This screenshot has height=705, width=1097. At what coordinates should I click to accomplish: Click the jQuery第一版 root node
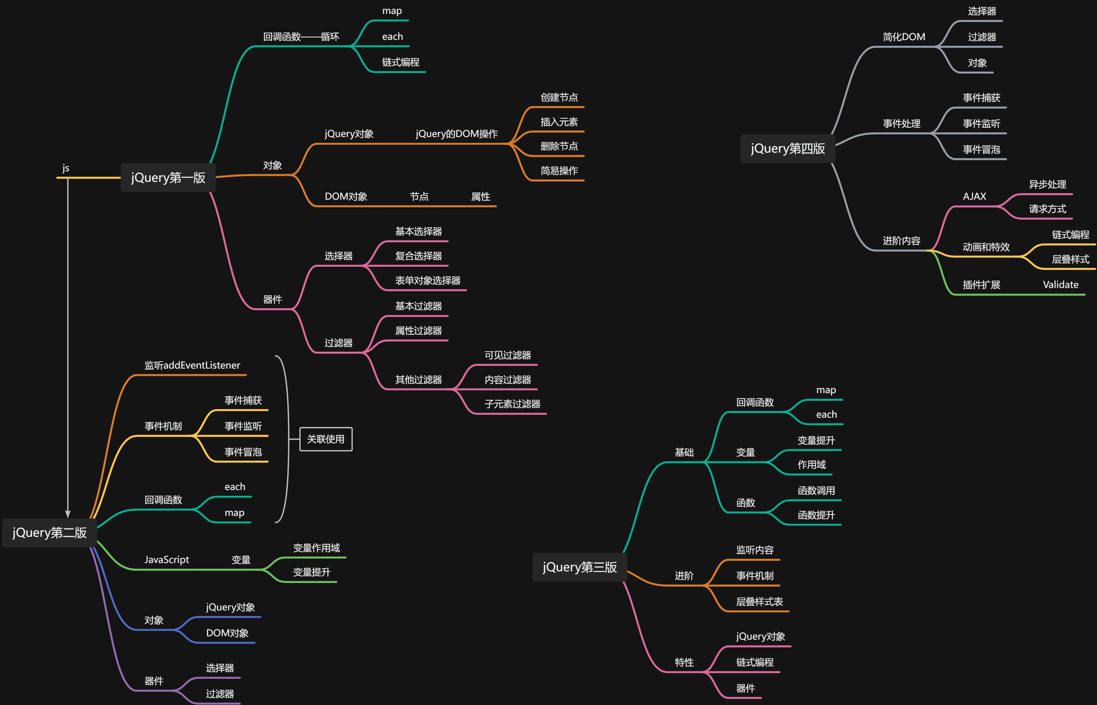pyautogui.click(x=168, y=177)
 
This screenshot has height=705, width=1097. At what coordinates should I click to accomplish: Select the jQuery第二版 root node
pyautogui.click(x=49, y=532)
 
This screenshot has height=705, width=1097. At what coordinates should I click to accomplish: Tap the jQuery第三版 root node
pyautogui.click(x=579, y=567)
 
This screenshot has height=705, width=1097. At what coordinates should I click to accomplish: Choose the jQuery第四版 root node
pyautogui.click(x=787, y=148)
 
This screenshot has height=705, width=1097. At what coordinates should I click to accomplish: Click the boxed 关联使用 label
pyautogui.click(x=326, y=439)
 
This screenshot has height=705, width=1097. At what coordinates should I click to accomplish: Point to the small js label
pyautogui.click(x=66, y=168)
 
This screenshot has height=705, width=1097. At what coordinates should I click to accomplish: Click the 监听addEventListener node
pyautogui.click(x=192, y=365)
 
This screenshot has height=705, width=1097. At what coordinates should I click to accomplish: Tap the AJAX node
pyautogui.click(x=974, y=196)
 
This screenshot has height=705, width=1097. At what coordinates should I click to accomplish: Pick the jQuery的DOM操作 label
pyautogui.click(x=456, y=134)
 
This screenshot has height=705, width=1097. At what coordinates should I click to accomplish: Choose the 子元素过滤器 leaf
pyautogui.click(x=512, y=404)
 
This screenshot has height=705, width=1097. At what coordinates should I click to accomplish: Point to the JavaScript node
pyautogui.click(x=166, y=559)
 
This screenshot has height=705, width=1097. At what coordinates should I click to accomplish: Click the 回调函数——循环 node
pyautogui.click(x=301, y=36)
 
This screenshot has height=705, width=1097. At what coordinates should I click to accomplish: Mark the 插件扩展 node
pyautogui.click(x=981, y=285)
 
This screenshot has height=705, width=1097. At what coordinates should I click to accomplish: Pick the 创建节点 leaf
pyautogui.click(x=559, y=98)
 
